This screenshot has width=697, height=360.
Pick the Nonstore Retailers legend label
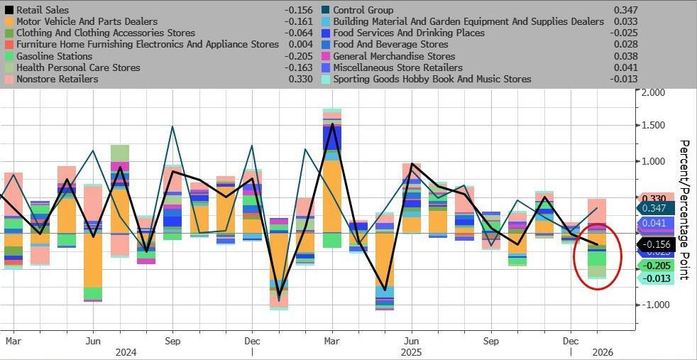pyautogui.click(x=57, y=79)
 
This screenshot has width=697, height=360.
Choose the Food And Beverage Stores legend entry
pyautogui.click(x=390, y=45)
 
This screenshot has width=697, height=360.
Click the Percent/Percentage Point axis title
pyautogui.click(x=685, y=209)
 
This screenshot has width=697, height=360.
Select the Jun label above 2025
pyautogui.click(x=411, y=340)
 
